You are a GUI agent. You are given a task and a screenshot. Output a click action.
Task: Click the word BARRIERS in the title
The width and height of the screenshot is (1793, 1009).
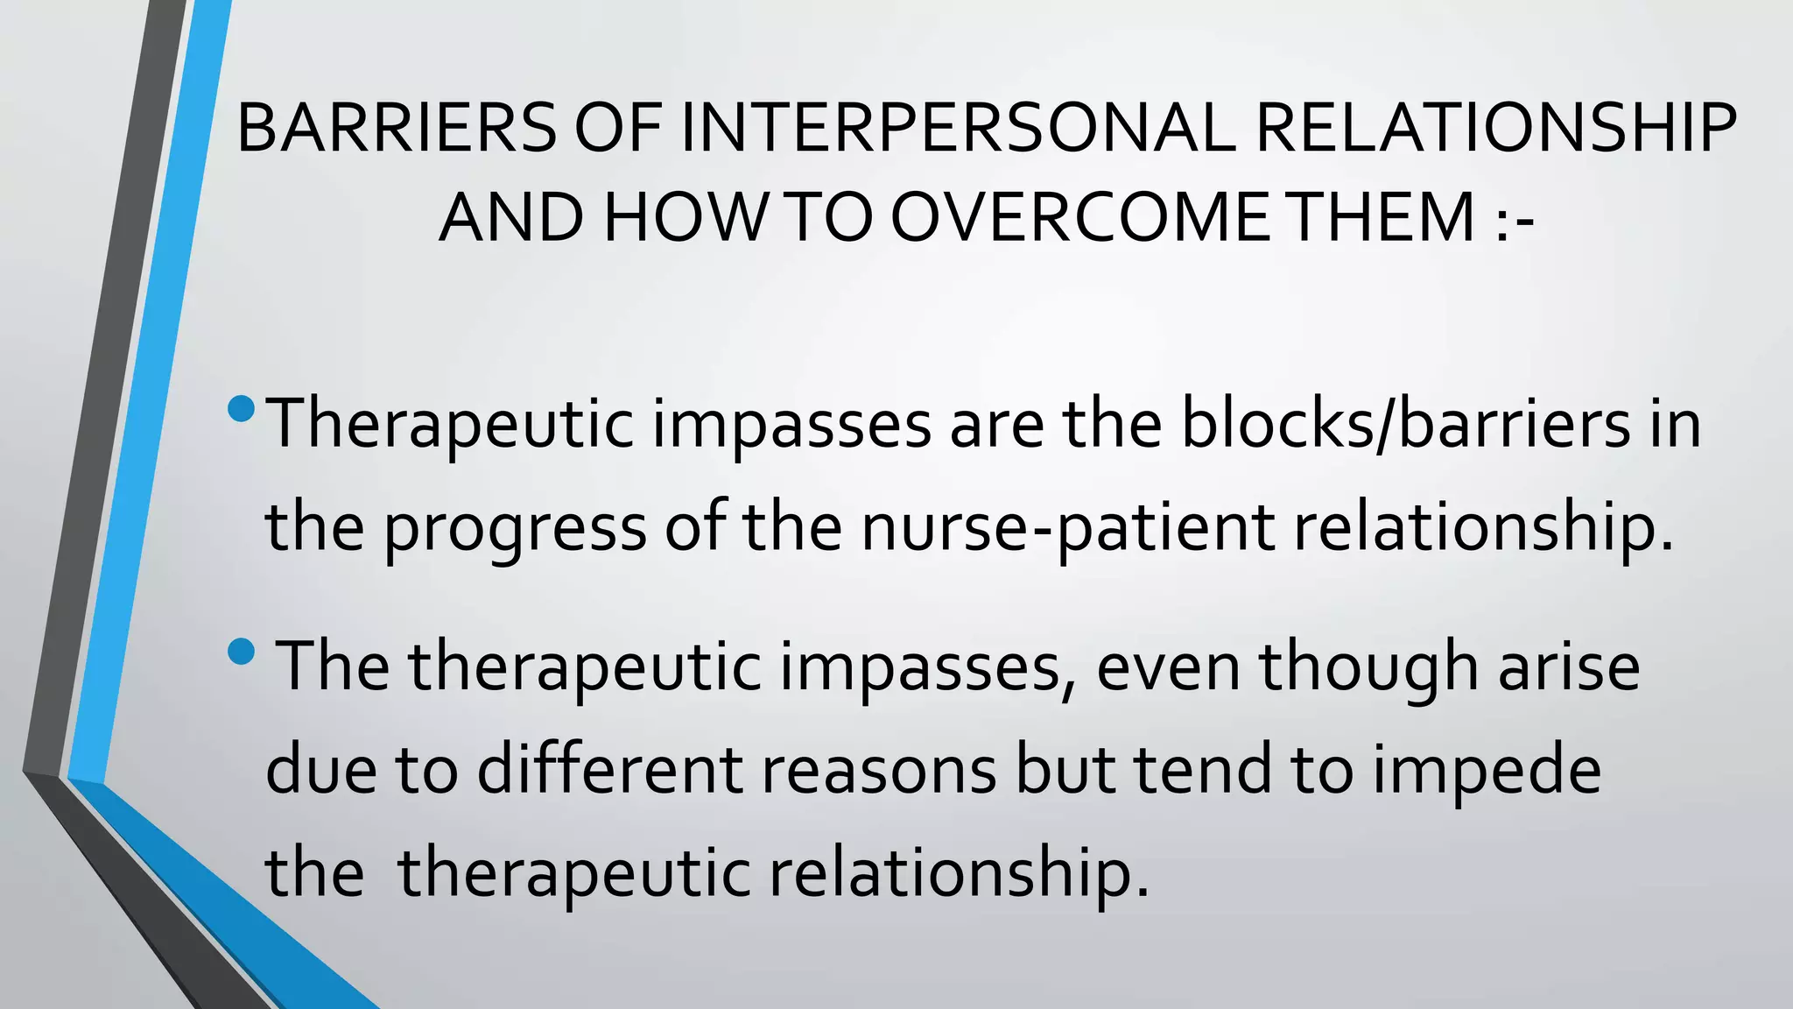pyautogui.click(x=396, y=129)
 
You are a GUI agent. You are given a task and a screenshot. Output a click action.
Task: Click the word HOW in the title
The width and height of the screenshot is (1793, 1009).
pyautogui.click(x=685, y=217)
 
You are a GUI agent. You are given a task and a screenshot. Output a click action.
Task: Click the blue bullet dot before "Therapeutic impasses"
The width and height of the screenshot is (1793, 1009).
pyautogui.click(x=241, y=408)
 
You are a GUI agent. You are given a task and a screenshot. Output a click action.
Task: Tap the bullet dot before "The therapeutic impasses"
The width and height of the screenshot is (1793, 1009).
pyautogui.click(x=241, y=652)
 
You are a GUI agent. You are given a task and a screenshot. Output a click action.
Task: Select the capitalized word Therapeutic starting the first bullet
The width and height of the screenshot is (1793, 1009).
pyautogui.click(x=450, y=424)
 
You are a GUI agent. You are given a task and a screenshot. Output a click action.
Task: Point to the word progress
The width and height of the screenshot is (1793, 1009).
pyautogui.click(x=515, y=528)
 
